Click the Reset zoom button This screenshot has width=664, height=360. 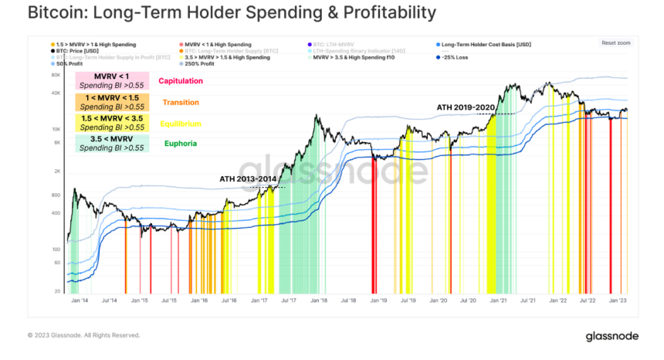(617, 42)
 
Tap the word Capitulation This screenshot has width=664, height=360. (181, 80)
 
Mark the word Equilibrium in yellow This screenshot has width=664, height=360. (181, 123)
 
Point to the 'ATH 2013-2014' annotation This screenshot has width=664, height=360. (246, 179)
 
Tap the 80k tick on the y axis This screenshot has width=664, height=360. (56, 76)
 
